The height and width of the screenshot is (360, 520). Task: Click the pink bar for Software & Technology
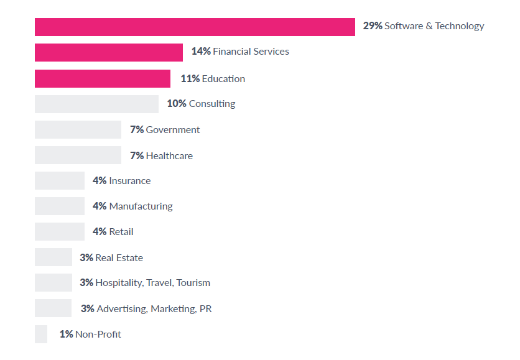195,27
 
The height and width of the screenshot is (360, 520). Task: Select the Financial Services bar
109,52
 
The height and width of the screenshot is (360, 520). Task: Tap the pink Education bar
103,78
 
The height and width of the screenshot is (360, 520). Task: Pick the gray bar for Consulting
96,104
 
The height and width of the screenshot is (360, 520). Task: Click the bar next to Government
78,129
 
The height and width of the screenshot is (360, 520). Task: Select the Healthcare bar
78,155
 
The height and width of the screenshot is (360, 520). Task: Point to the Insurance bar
60,181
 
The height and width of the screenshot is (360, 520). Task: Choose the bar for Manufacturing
60,206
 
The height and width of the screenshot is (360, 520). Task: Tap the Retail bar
60,232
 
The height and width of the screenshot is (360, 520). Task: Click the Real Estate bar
53,257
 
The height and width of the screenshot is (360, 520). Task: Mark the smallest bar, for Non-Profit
41,334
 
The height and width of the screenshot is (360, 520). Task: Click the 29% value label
373,26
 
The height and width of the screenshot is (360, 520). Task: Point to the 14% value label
201,52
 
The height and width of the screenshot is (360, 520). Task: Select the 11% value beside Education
190,79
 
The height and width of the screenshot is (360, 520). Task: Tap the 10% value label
177,104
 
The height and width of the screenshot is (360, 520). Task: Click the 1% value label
67,335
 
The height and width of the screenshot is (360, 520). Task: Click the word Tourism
193,283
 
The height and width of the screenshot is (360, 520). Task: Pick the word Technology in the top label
459,26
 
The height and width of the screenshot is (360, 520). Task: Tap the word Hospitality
119,283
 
